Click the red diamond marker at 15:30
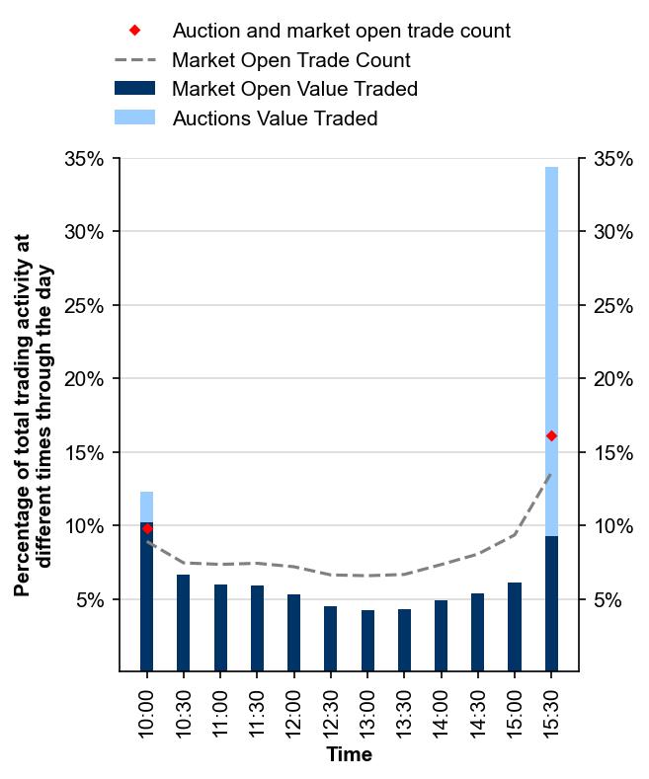coord(551,435)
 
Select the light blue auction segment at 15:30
coord(551,296)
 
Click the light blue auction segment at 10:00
coord(147,506)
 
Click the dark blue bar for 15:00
coord(515,627)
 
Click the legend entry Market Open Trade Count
coord(290,60)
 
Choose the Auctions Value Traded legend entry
coord(275,119)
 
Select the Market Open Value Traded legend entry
coord(294,90)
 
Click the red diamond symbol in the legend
coord(134,31)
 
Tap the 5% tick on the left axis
coord(89,600)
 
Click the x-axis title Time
coord(349,755)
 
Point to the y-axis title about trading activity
coord(35,415)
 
